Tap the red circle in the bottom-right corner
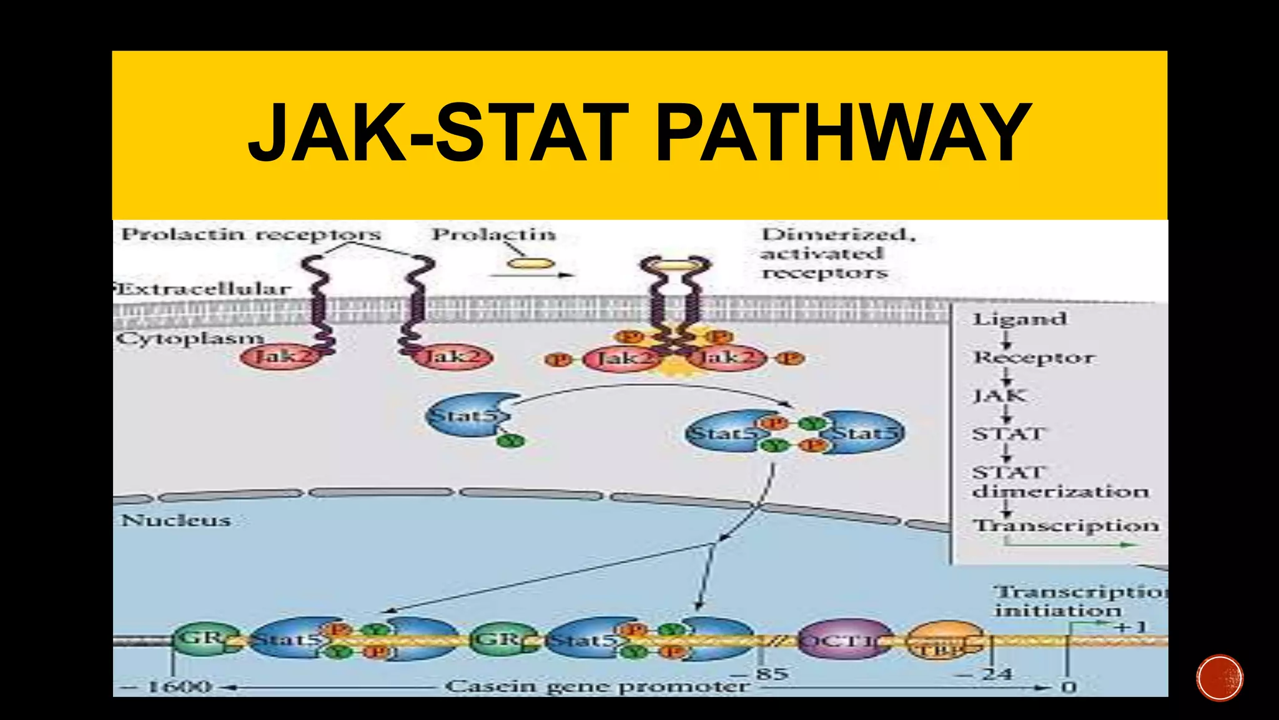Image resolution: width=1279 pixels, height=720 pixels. (x=1220, y=678)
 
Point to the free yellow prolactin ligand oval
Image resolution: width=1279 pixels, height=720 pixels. (x=530, y=264)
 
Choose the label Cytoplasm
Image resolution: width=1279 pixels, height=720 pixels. (x=190, y=339)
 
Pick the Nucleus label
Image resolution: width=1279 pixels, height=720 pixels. (x=176, y=520)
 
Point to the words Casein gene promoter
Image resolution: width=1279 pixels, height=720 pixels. (x=596, y=686)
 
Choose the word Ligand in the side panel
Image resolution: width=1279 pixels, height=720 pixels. (x=1019, y=319)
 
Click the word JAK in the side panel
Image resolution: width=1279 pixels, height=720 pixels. (x=999, y=396)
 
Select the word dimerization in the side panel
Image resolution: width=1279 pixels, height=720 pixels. (x=1060, y=491)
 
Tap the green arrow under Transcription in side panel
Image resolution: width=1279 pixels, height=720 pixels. (x=1071, y=544)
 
